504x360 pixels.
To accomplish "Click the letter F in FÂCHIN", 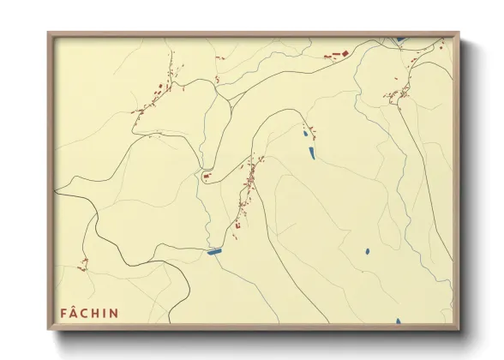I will (x=63, y=314).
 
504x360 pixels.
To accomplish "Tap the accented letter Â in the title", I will (x=74, y=313).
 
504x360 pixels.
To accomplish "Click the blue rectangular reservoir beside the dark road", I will (x=214, y=251).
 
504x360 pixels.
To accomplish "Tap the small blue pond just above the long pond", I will (x=304, y=134).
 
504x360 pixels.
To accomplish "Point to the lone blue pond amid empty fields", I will (x=366, y=251).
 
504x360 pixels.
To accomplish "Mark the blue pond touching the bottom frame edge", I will (x=399, y=321).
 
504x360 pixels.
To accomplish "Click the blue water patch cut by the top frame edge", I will (x=399, y=39).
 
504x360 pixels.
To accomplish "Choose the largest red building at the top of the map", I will (x=336, y=57).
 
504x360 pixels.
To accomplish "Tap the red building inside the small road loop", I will (x=206, y=177).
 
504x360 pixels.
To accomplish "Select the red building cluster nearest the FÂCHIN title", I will (x=83, y=265).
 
